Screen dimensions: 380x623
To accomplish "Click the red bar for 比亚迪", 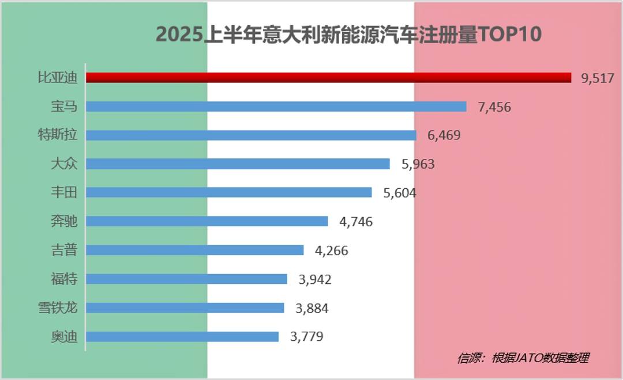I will coord(328,78).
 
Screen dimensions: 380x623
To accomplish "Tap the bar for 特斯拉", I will coord(251,135).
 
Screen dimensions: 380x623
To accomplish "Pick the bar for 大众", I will coord(238,164).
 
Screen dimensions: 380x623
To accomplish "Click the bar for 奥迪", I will coord(182,337).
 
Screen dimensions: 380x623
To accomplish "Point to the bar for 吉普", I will coord(194,250).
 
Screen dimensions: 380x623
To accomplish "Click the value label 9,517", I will coord(598,78).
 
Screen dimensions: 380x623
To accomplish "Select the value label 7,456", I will coord(494,107).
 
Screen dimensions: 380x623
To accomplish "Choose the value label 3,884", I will coord(312,309).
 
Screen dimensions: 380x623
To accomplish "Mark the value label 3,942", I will coord(315,280).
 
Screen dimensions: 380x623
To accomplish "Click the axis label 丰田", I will coord(64,193).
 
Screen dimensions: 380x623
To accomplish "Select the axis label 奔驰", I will coord(64,222).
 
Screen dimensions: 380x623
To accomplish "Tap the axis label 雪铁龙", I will coord(57,308).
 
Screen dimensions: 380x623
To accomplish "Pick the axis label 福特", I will coord(64,279).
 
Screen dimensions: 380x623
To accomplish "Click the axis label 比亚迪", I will coord(57,78).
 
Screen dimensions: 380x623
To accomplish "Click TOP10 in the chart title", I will coord(510,35).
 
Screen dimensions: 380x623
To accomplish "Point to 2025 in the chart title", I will coord(180,35).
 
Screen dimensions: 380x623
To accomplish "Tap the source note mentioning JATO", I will coord(523,358).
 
